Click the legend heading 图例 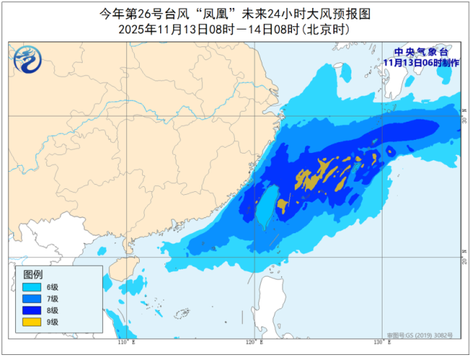[x=33, y=275]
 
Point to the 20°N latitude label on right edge [x=464, y=259]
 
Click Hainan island [x=113, y=277]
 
